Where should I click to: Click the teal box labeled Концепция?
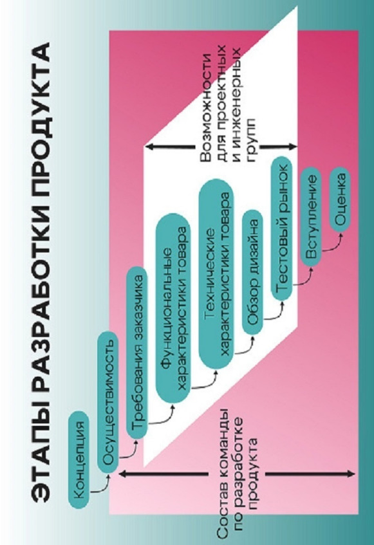point(79,460)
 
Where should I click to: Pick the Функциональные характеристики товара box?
point(173,308)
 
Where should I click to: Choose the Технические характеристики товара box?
point(216,274)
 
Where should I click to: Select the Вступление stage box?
point(311,217)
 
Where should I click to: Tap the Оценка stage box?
point(339,199)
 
